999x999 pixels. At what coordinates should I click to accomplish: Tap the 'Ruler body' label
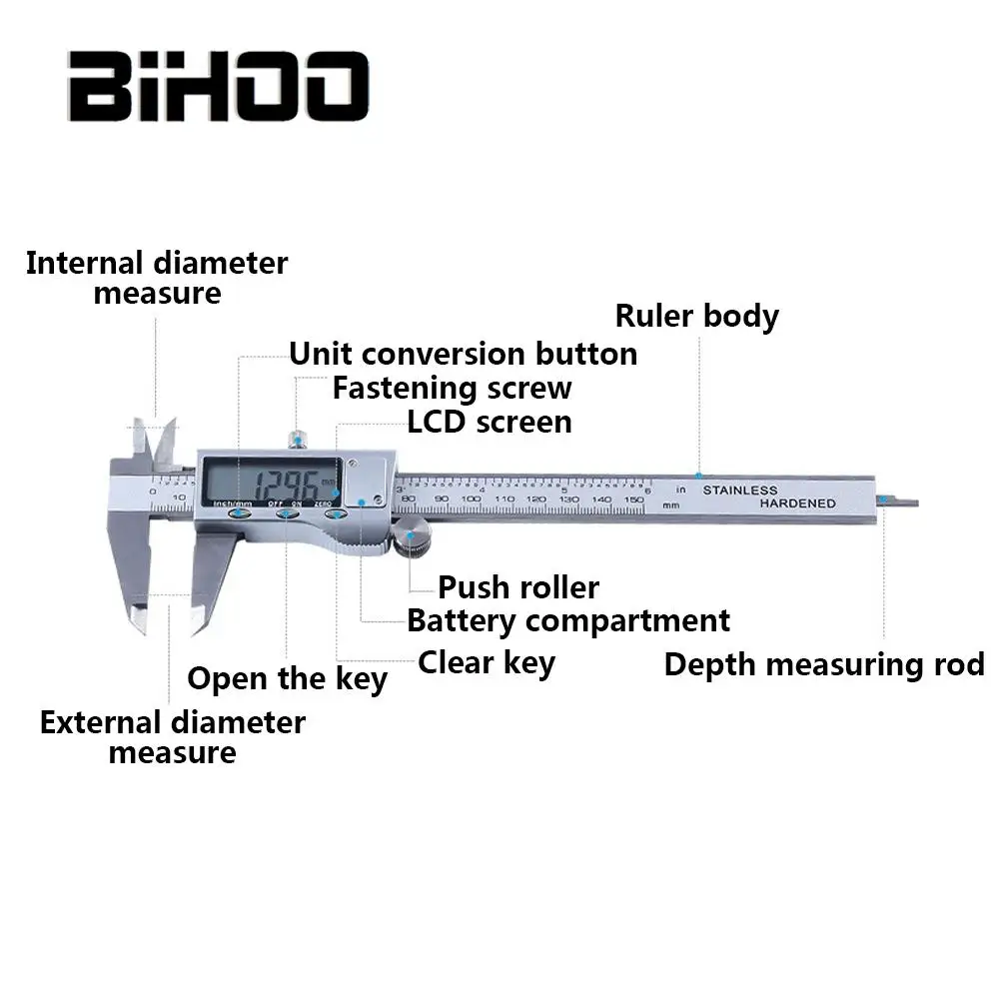pos(696,316)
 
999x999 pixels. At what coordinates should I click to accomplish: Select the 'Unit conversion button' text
pos(463,354)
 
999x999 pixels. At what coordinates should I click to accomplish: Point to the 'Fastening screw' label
pos(452,388)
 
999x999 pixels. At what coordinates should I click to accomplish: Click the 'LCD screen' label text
pos(490,422)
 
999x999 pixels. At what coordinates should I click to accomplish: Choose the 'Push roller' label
pos(518,586)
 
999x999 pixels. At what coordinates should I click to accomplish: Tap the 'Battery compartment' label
pos(567,620)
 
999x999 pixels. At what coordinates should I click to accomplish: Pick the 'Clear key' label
pos(486,661)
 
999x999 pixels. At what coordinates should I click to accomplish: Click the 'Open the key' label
pos(287,679)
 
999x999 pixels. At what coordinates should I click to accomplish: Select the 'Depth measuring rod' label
pos(824,664)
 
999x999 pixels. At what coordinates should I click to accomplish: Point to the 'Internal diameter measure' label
pos(157,279)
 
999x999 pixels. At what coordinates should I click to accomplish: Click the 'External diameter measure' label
pos(172,737)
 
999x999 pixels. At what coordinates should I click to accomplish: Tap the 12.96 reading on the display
pos(285,487)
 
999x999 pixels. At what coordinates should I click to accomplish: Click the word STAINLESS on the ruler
pos(739,491)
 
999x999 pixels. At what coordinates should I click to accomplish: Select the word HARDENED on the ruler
pos(797,503)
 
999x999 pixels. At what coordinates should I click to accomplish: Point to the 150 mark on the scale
pos(631,499)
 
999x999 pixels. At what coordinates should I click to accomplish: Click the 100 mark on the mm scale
pos(471,499)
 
